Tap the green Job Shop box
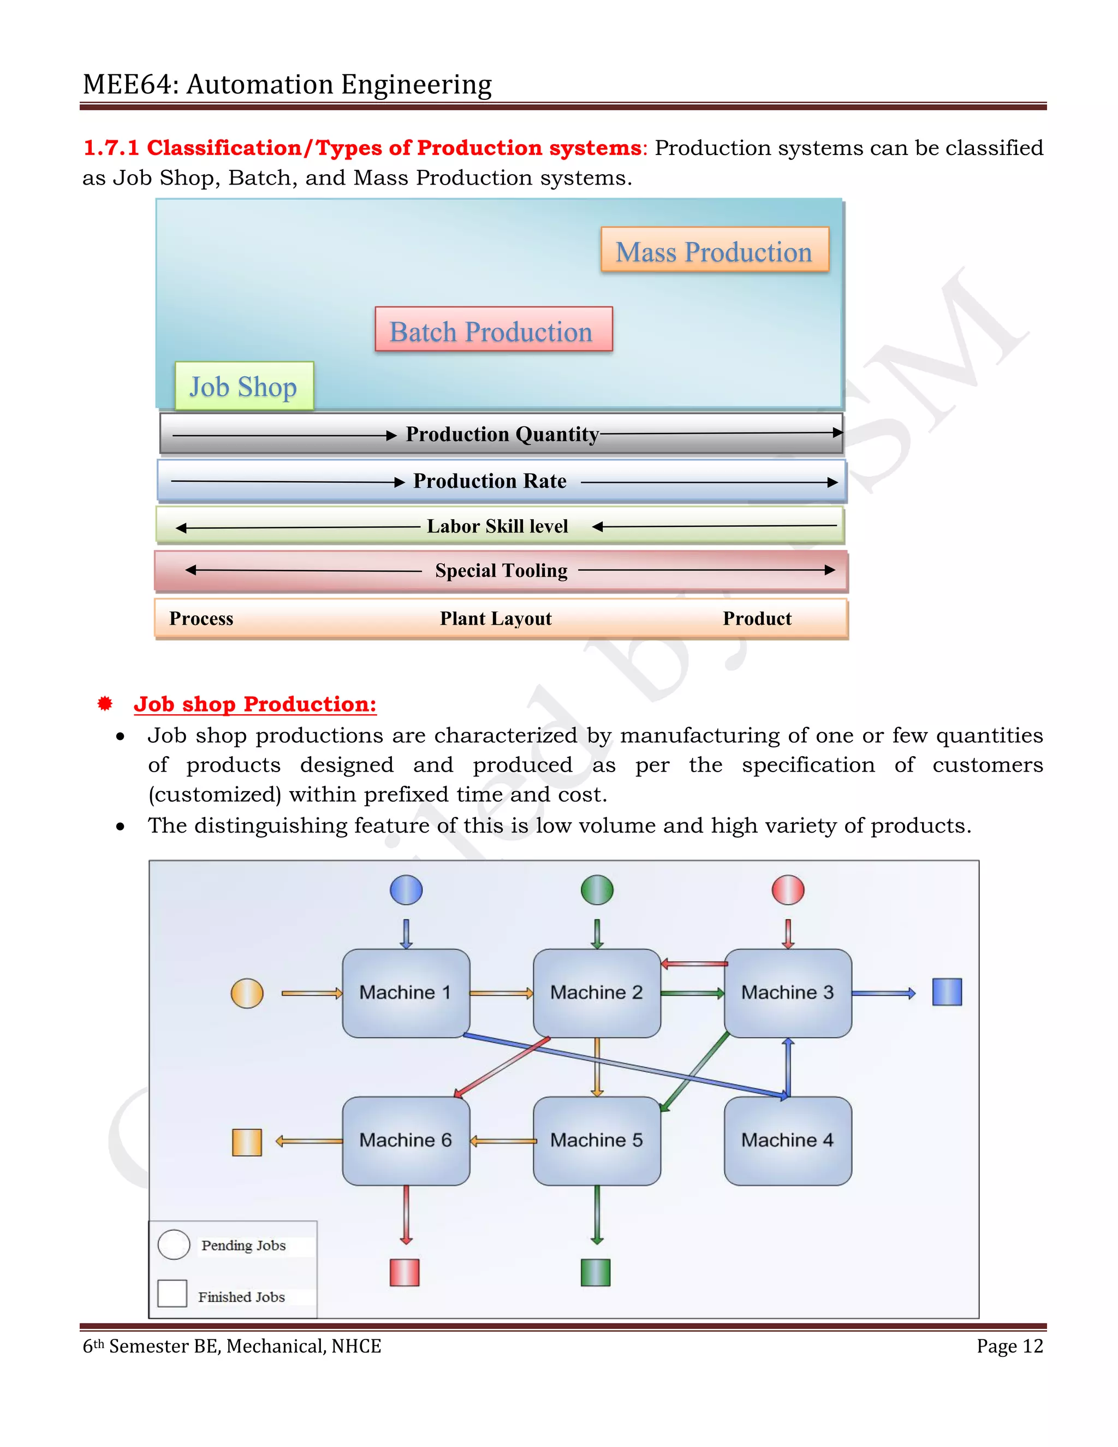243,386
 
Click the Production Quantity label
502,434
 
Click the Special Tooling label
501,571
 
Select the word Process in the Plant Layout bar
201,618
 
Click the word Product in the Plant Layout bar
757,618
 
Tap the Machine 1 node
406,993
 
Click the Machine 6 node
406,1140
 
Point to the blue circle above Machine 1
406,890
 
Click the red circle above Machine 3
788,890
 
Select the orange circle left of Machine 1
247,993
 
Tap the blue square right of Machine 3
947,992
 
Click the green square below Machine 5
595,1272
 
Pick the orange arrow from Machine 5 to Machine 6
503,1141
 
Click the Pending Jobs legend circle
174,1245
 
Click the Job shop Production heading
255,704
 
